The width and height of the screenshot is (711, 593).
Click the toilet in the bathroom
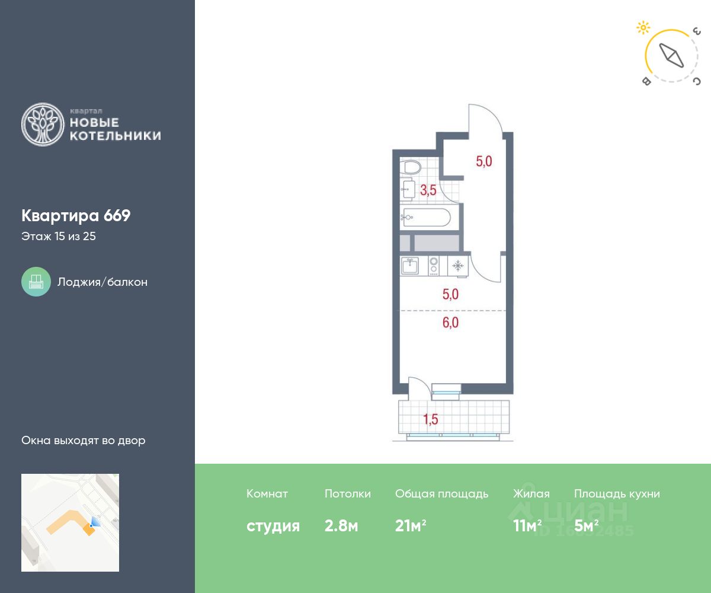[411, 167]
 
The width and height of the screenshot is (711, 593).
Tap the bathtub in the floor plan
[425, 217]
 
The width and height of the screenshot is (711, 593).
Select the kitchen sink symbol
[410, 266]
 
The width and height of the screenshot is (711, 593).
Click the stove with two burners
[434, 266]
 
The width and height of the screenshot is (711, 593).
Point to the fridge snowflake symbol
[457, 266]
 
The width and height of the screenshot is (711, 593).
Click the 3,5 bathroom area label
[428, 190]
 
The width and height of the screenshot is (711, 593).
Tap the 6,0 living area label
[450, 323]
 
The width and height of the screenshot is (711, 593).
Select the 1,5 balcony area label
[431, 419]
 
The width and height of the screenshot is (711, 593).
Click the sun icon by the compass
[643, 28]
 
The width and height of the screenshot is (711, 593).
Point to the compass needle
[671, 56]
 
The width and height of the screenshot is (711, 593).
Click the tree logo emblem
[43, 125]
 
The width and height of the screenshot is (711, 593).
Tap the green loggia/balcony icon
[36, 282]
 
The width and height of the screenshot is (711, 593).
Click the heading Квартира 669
[76, 216]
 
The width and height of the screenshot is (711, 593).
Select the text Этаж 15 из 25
[59, 236]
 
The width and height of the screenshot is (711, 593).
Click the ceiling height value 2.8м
[341, 525]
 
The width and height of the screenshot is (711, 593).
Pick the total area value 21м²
[411, 525]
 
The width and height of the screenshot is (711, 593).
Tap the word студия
[273, 527]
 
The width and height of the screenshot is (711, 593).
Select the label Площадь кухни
[617, 494]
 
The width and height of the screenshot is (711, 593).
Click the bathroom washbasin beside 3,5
[408, 189]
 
